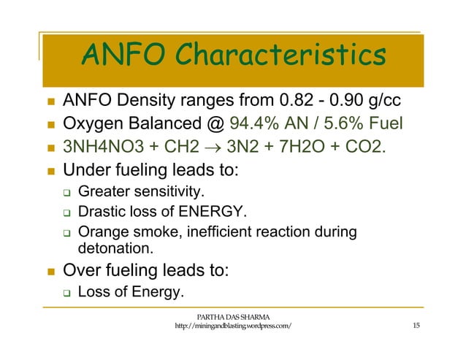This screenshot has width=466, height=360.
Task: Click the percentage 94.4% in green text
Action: (254, 125)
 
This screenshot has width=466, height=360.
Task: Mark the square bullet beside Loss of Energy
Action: (64, 294)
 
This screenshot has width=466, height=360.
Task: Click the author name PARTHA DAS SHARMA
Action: (234, 315)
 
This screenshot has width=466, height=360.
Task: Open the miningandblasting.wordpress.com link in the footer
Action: (234, 326)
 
